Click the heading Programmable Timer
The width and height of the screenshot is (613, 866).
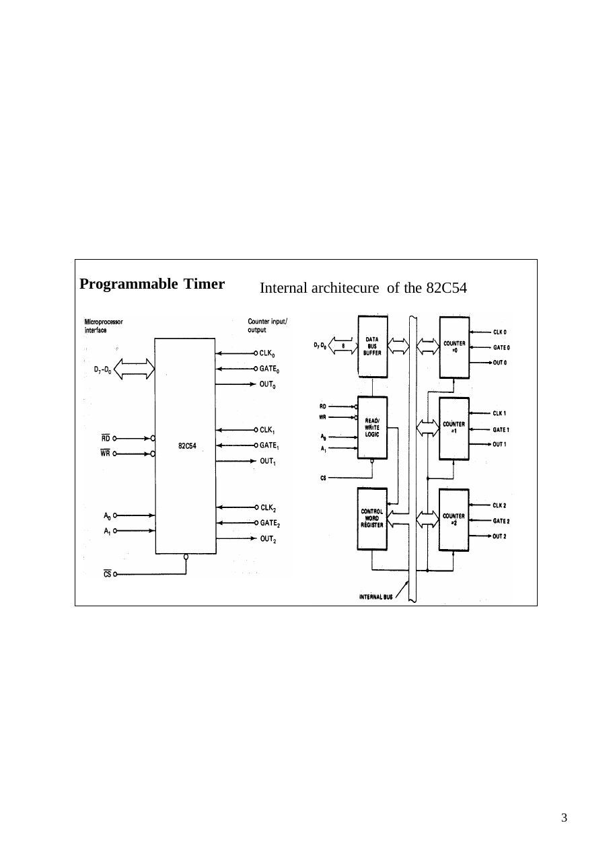coord(152,284)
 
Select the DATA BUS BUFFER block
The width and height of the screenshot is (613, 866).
coord(373,347)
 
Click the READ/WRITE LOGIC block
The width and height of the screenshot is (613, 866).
coord(372,427)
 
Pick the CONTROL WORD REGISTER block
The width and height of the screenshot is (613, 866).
coord(372,519)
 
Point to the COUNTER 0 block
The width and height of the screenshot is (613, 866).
coord(454,348)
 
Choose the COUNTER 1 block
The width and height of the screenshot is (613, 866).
coord(454,429)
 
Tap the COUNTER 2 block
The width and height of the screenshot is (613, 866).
coord(454,520)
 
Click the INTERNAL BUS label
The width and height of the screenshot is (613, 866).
coord(375,597)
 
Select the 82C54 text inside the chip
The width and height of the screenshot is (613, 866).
coord(187,445)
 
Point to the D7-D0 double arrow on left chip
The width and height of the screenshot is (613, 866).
coord(134,369)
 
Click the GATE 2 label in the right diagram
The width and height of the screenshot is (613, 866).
coord(501,521)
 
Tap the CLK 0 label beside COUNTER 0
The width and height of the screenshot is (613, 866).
coord(500,332)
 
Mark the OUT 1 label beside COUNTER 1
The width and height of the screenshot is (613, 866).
coord(499,445)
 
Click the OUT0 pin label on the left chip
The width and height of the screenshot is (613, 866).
coord(267,385)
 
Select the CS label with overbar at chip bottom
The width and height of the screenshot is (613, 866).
coord(107,574)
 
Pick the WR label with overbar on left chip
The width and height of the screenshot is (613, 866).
coord(105,453)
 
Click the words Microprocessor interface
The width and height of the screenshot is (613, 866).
coord(104,326)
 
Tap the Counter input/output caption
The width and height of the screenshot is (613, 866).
coord(267,326)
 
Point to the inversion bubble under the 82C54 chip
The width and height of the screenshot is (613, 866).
coord(186,556)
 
